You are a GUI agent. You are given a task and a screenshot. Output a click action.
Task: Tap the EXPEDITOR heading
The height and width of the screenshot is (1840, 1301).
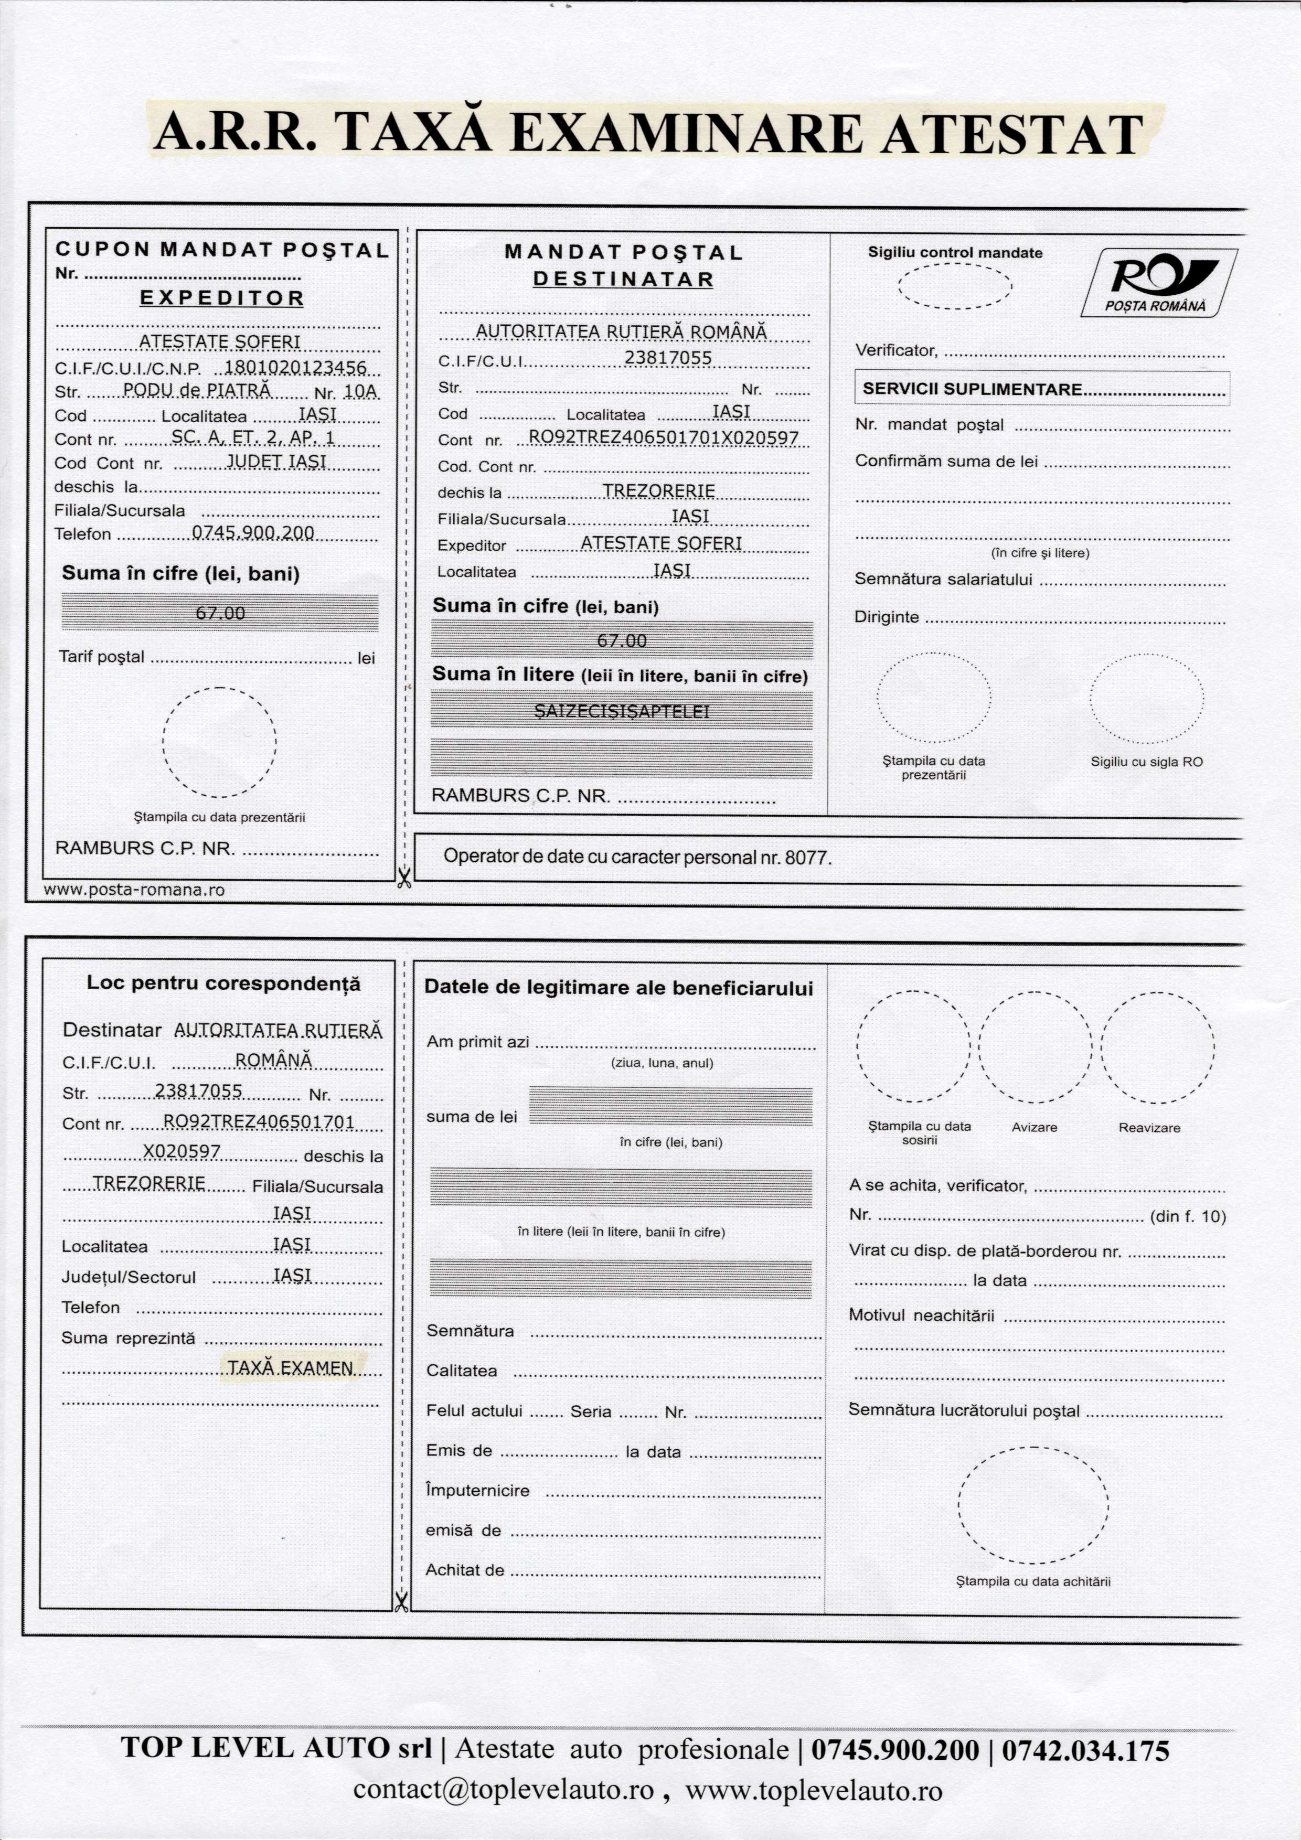222,298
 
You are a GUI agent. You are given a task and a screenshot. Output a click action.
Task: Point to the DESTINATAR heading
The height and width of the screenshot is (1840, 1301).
623,280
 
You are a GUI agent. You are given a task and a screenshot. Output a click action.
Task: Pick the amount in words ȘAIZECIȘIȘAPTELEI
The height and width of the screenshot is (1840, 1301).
622,711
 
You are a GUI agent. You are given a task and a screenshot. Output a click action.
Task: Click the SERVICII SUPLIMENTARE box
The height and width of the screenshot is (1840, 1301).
1041,390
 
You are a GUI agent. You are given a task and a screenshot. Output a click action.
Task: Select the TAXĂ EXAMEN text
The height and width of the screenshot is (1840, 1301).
290,1368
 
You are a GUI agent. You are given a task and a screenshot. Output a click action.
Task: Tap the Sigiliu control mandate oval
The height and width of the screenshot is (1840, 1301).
955,285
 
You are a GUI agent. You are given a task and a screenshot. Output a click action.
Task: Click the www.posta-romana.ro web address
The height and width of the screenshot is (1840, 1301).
134,890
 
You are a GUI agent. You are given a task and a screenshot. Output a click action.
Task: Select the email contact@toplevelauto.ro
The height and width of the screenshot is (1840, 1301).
504,1790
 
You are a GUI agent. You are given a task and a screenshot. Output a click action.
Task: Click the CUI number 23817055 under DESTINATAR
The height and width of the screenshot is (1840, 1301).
668,358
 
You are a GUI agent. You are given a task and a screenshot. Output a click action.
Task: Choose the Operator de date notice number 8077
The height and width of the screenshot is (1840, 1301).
806,858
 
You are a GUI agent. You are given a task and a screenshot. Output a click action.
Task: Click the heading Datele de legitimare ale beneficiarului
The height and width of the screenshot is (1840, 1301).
618,987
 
